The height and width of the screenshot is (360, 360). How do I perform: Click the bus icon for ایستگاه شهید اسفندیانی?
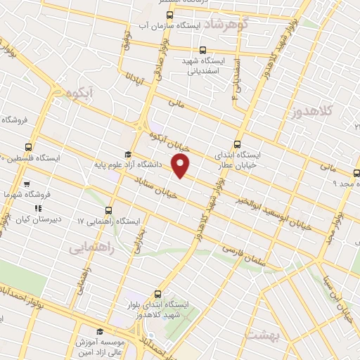pyautogui.click(x=203, y=50)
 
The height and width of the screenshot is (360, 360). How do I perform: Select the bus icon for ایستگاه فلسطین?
pyautogui.click(x=29, y=147)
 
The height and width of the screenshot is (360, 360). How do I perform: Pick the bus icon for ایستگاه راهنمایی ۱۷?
pyautogui.click(x=108, y=210)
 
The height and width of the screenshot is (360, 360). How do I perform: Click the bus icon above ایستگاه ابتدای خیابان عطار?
pyautogui.click(x=238, y=143)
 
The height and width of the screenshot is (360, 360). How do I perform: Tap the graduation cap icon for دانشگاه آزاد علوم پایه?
pyautogui.click(x=127, y=155)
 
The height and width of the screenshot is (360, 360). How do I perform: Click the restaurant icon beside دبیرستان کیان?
pyautogui.click(x=38, y=208)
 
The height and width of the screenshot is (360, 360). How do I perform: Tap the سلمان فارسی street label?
pyautogui.click(x=242, y=254)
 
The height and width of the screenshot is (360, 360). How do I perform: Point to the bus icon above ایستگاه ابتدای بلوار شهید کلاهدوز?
pyautogui.click(x=156, y=295)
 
